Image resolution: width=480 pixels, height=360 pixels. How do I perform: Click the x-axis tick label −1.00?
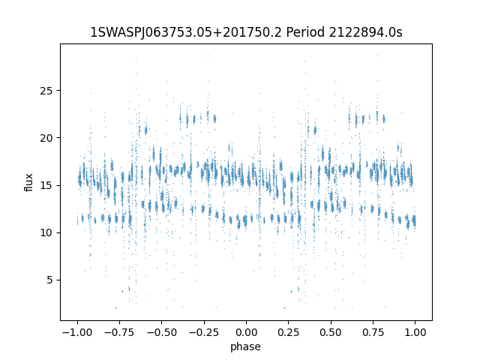pos(77,332)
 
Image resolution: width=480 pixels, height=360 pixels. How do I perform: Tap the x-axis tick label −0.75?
pos(119,332)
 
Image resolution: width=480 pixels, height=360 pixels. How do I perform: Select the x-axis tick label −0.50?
pos(162,332)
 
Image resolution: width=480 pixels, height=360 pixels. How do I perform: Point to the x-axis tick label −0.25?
pos(204,332)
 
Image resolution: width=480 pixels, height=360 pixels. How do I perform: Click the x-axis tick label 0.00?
pos(246,332)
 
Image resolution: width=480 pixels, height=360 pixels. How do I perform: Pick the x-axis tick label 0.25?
pos(288,332)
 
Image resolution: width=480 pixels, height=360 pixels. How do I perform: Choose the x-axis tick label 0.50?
pos(331,332)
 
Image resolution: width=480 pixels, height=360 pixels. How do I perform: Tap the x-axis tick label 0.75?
pos(373,332)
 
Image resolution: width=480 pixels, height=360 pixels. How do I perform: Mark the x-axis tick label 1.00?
pos(415,332)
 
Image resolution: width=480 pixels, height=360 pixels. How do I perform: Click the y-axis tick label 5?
pos(50,280)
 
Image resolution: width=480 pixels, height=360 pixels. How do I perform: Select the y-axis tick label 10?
pos(46,233)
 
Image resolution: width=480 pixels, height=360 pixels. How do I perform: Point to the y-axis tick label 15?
pos(46,185)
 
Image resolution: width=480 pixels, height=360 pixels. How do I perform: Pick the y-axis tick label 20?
pos(46,138)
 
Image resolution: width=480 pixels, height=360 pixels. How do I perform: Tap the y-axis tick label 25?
pos(46,91)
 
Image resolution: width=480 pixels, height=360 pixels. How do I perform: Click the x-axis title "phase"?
pos(245,347)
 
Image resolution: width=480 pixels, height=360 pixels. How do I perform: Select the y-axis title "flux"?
pos(28,182)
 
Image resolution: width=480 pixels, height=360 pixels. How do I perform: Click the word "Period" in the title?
pos(305,32)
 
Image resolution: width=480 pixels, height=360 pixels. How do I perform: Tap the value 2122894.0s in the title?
pos(365,32)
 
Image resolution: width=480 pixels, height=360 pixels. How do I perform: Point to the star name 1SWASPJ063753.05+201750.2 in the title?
pos(186,32)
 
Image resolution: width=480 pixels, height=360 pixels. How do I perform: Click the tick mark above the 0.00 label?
pos(246,322)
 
